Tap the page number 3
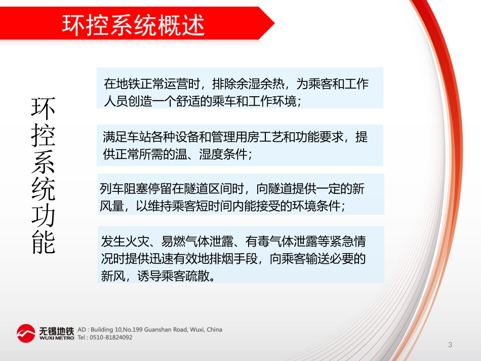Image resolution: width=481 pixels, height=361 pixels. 450,345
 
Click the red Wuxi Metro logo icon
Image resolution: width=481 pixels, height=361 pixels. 25,334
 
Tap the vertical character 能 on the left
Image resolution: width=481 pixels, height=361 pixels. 44,243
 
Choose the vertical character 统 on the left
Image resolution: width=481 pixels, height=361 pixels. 44,189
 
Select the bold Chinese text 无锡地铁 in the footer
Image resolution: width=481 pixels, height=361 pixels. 56,331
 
